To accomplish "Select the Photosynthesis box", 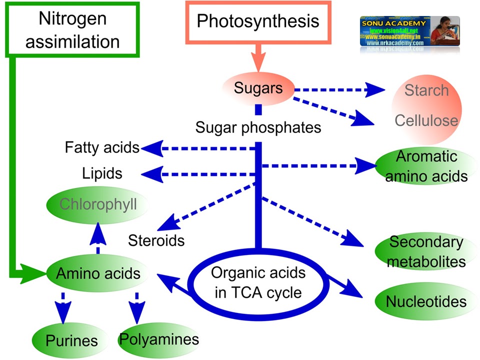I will point(257,21).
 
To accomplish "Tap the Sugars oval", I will point(258,89).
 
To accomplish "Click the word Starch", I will point(426,90).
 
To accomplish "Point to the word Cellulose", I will point(426,120).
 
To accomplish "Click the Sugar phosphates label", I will point(258,127).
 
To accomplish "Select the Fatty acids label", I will point(102,147).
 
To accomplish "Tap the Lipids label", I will point(102,173).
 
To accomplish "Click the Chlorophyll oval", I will point(98,204).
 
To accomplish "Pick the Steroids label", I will point(156,240).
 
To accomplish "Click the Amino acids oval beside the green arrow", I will point(98,273).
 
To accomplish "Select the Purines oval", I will point(71,341).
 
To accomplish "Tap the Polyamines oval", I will point(158,339).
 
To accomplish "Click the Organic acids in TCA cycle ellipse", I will point(258,282).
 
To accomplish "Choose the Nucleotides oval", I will point(426,301).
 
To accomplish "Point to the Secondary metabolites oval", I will point(426,251).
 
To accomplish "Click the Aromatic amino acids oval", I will point(426,166).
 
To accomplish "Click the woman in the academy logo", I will point(444,31).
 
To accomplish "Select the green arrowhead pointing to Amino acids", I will point(34,273).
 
